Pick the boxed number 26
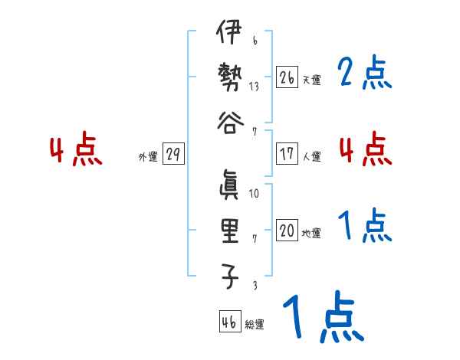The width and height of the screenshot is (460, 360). point(287,77)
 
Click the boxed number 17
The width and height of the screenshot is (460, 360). point(287,154)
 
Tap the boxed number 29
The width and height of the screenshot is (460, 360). point(173,154)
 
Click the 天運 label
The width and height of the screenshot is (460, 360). point(311,80)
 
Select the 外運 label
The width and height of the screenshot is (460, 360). point(148,157)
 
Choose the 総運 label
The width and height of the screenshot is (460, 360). point(255,325)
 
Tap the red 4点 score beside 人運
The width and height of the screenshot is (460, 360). point(365,149)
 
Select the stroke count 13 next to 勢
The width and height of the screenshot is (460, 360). point(254,86)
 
